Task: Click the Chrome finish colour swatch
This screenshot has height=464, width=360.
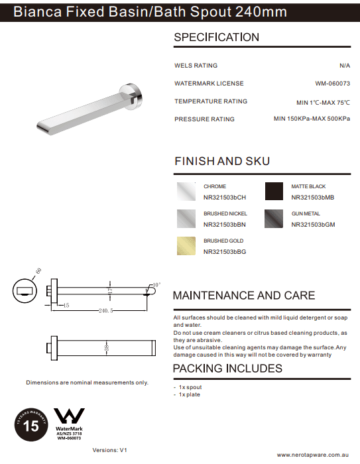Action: click(x=186, y=192)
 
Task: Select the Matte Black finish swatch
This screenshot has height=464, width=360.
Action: click(x=274, y=192)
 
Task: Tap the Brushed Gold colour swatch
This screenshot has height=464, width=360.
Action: click(x=186, y=247)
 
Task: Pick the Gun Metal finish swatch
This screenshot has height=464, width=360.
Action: click(x=274, y=219)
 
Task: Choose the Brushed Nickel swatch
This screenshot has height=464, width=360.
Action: click(x=186, y=219)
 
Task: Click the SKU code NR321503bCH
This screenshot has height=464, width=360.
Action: click(x=225, y=197)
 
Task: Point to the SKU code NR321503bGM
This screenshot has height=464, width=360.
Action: click(x=313, y=225)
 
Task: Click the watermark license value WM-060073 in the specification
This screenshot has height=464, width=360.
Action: click(x=332, y=84)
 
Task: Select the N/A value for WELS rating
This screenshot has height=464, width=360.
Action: click(x=344, y=66)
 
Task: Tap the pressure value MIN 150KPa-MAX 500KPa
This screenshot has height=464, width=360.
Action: click(x=312, y=119)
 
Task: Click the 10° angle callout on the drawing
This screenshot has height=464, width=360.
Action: click(x=156, y=284)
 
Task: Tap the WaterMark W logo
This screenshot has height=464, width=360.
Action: click(x=69, y=417)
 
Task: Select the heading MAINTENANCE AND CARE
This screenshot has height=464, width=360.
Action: click(x=243, y=296)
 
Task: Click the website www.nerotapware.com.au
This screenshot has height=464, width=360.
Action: click(x=312, y=455)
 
